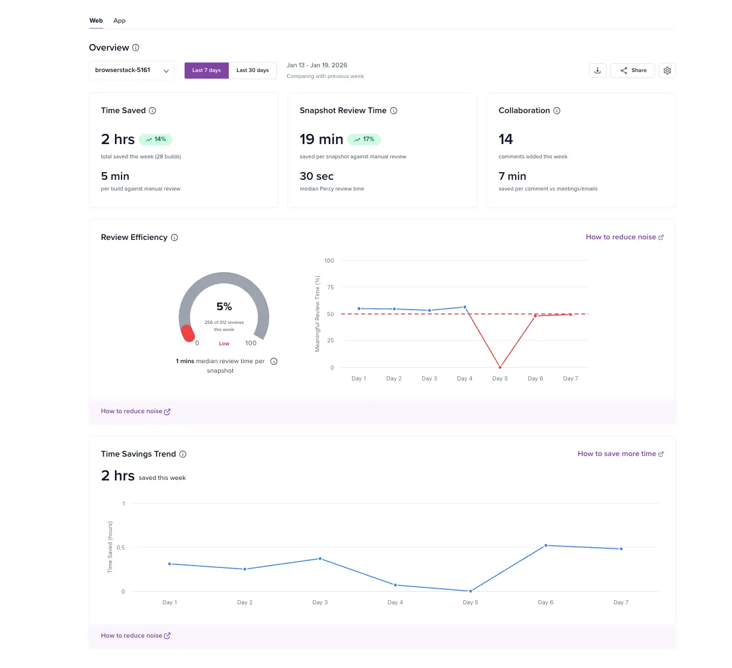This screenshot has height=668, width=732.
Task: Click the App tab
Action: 119,21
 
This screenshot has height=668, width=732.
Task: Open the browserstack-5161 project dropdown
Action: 132,70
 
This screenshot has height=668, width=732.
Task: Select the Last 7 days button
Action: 206,70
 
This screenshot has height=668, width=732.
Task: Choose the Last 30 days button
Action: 253,70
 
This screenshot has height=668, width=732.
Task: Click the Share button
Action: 633,70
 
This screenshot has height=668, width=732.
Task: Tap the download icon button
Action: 597,70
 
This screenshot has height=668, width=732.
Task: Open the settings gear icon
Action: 667,70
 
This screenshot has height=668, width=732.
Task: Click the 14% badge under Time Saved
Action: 156,139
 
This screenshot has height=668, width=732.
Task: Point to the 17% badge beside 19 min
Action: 364,139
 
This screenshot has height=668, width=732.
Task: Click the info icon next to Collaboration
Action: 557,111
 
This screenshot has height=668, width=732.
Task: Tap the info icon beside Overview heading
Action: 136,48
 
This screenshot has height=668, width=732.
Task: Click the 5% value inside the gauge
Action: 224,307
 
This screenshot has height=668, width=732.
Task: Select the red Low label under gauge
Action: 224,344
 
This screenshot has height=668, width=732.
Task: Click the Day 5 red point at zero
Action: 500,367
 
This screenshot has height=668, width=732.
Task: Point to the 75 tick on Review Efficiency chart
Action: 330,288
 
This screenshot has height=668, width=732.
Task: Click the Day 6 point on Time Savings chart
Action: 546,545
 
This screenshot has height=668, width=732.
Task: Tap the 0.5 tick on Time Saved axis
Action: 121,548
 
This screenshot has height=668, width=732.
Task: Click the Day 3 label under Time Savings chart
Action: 320,603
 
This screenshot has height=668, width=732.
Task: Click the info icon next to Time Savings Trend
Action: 183,454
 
